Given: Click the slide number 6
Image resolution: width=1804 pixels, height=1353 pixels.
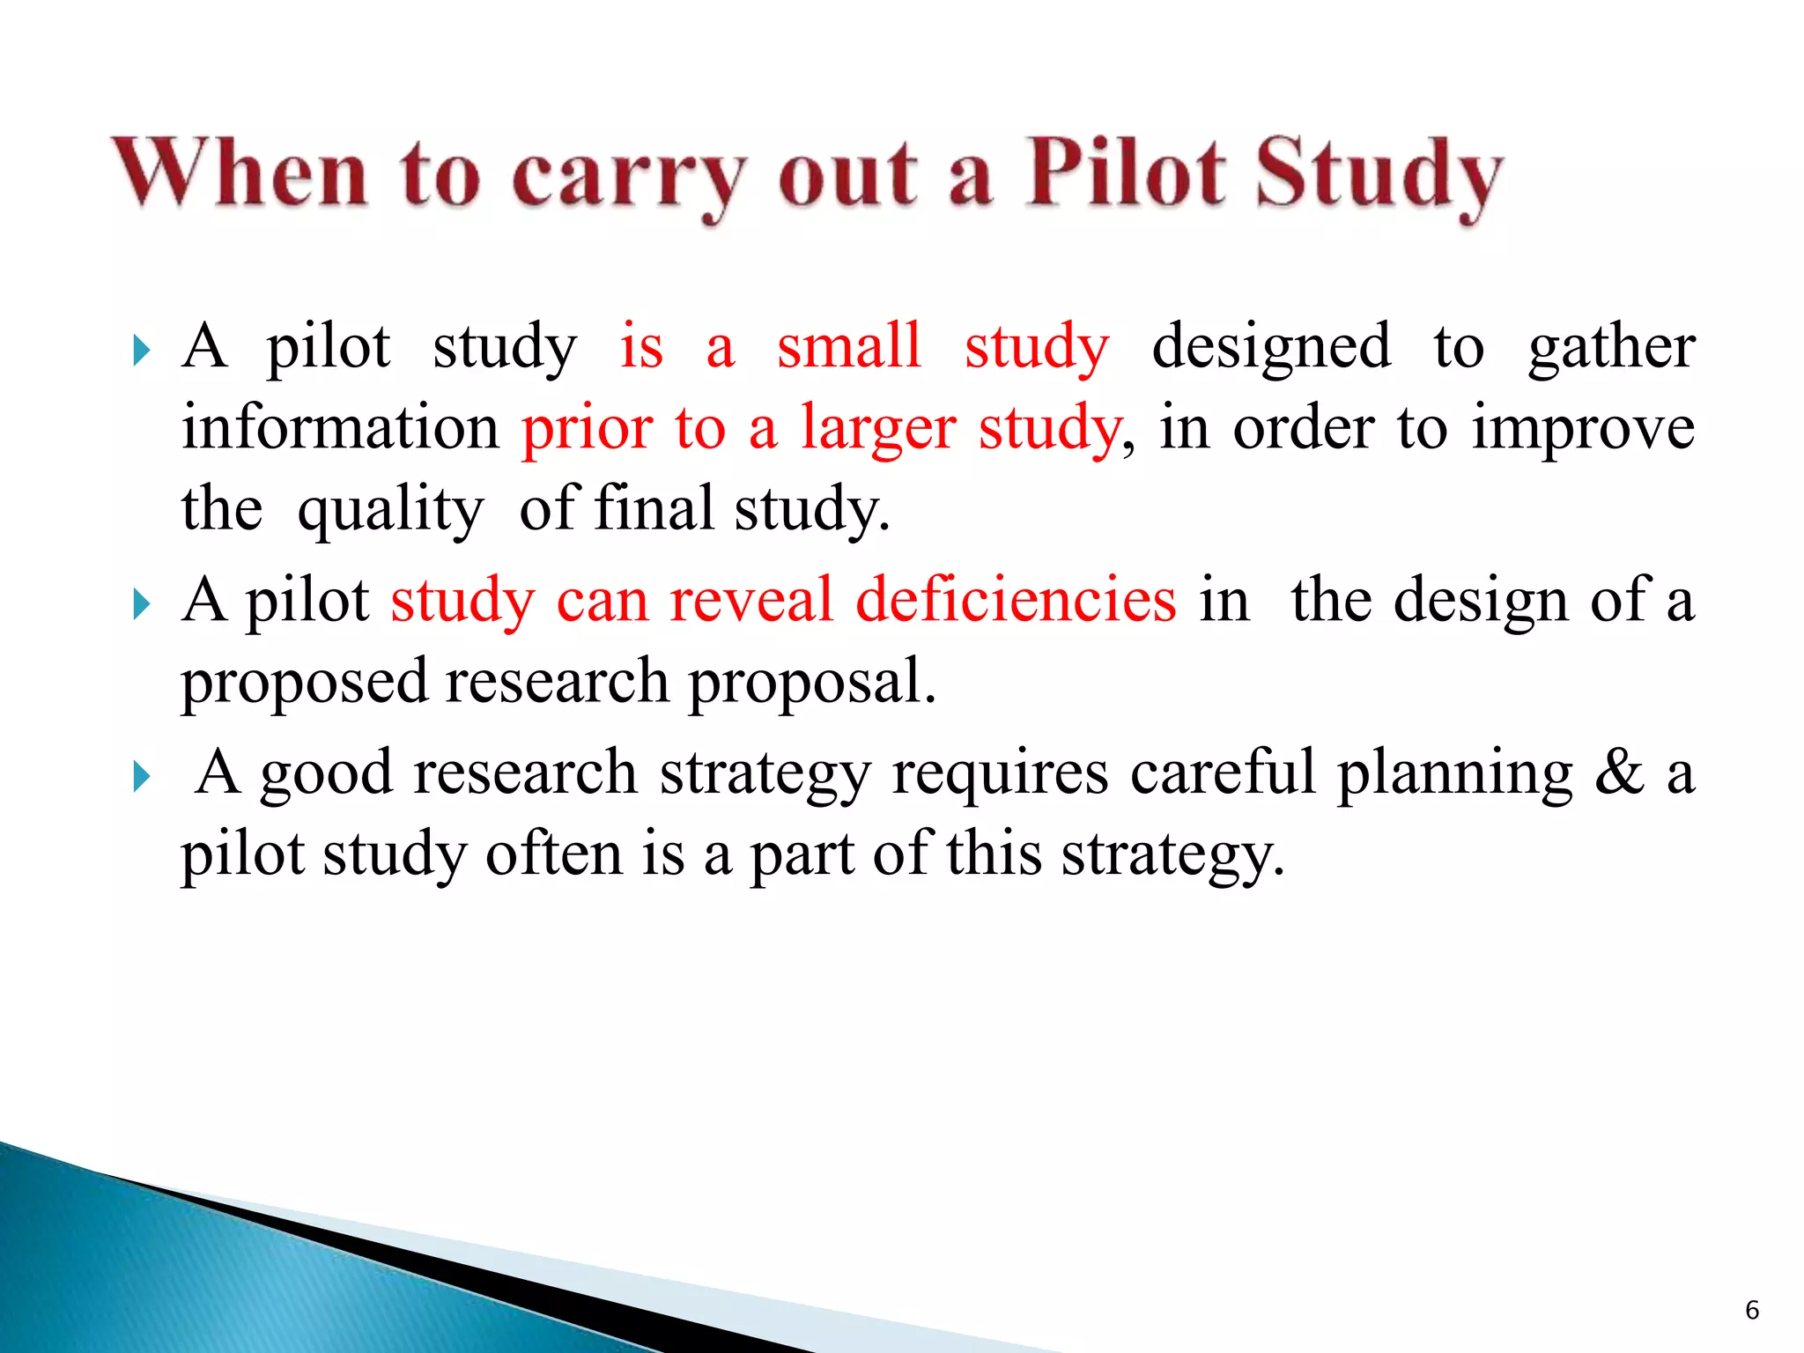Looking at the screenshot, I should [1751, 1310].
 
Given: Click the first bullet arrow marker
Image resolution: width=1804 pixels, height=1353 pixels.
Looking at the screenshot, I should [141, 351].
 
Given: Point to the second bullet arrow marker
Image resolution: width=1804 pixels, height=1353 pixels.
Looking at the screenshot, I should [141, 605].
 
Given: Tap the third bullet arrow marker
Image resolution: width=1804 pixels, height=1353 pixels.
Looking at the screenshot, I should [141, 777].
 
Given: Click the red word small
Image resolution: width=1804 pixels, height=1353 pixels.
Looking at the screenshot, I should [848, 345].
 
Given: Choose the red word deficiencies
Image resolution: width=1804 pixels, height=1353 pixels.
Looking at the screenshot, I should [1016, 600].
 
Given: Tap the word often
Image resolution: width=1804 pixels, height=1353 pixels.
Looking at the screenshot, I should [554, 854].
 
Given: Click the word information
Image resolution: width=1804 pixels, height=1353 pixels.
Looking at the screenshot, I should [340, 427].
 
